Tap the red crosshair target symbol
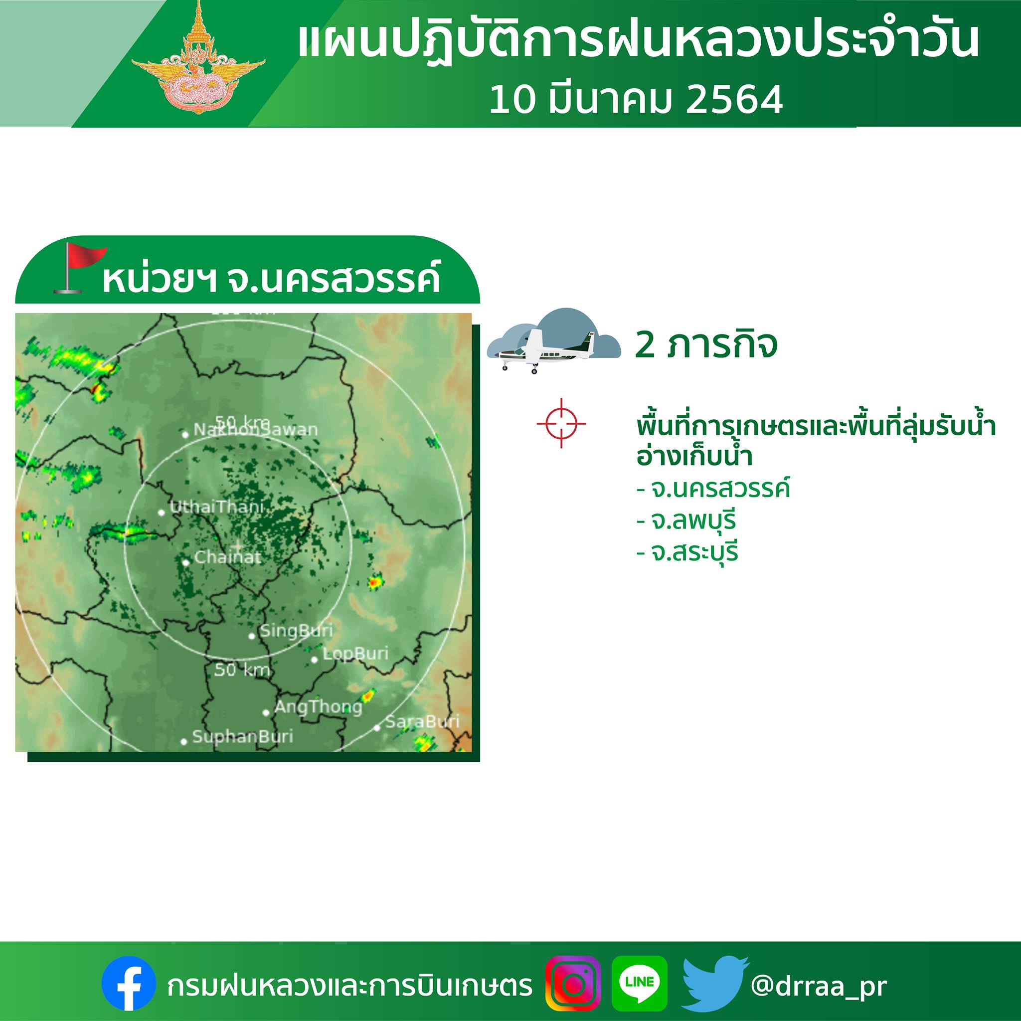click(561, 423)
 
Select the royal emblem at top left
click(198, 58)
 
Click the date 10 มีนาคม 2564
click(636, 100)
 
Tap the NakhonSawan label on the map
click(256, 430)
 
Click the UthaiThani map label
click(217, 508)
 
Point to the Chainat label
click(228, 557)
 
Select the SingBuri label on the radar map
click(296, 631)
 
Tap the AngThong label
click(318, 707)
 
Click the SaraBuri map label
click(422, 721)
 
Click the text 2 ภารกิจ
click(706, 345)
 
